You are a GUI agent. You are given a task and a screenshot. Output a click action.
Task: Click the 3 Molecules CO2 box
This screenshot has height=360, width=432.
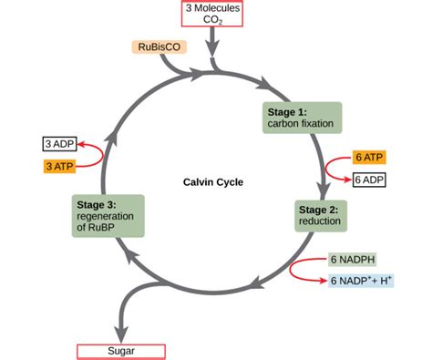(213, 14)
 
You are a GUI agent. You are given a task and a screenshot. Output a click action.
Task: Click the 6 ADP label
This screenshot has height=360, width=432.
(368, 180)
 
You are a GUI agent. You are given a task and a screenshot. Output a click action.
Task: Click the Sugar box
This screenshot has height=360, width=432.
(122, 350)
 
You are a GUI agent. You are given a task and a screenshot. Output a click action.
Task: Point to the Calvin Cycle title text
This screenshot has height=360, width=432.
(213, 181)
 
